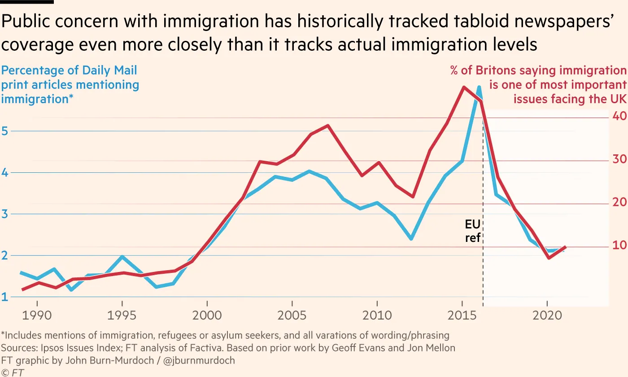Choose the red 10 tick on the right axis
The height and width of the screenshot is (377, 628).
(619, 245)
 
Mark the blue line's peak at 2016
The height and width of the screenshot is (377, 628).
(479, 87)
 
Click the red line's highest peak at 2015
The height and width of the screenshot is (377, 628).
(463, 87)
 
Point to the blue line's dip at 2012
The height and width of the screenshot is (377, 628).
(411, 239)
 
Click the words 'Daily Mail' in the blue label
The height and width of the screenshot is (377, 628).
(109, 70)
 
